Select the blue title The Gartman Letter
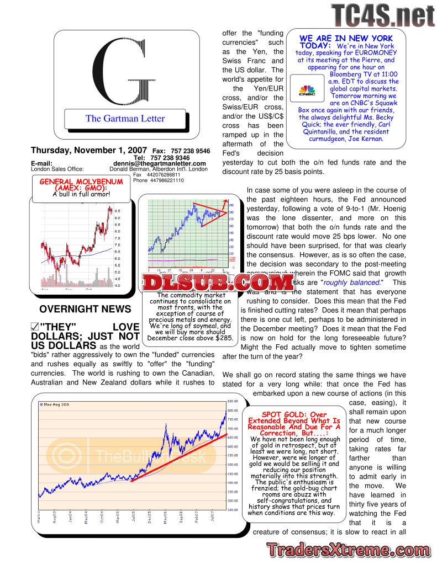(x=125, y=118)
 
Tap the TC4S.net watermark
(x=382, y=15)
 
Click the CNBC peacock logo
(x=306, y=90)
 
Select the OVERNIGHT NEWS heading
(x=85, y=309)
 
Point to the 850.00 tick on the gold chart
(x=233, y=401)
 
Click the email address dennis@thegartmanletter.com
(x=160, y=163)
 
